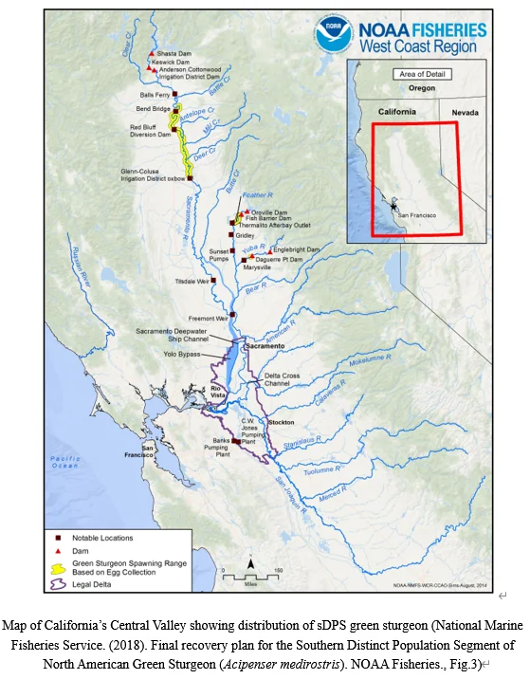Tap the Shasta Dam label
pos(174,54)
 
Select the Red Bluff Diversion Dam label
pos(150,131)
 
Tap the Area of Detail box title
pos(411,73)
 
